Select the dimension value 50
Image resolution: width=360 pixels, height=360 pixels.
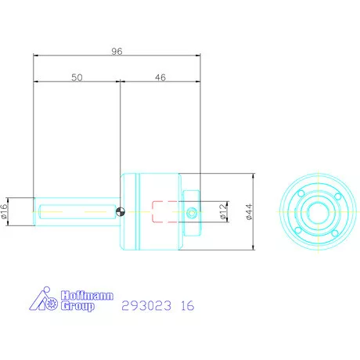point(76,77)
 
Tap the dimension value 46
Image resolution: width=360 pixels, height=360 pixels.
point(160,77)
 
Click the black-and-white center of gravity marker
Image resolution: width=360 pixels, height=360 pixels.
point(119,210)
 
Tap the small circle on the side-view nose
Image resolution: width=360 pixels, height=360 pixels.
point(193,211)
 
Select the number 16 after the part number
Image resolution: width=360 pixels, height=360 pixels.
point(188,306)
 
